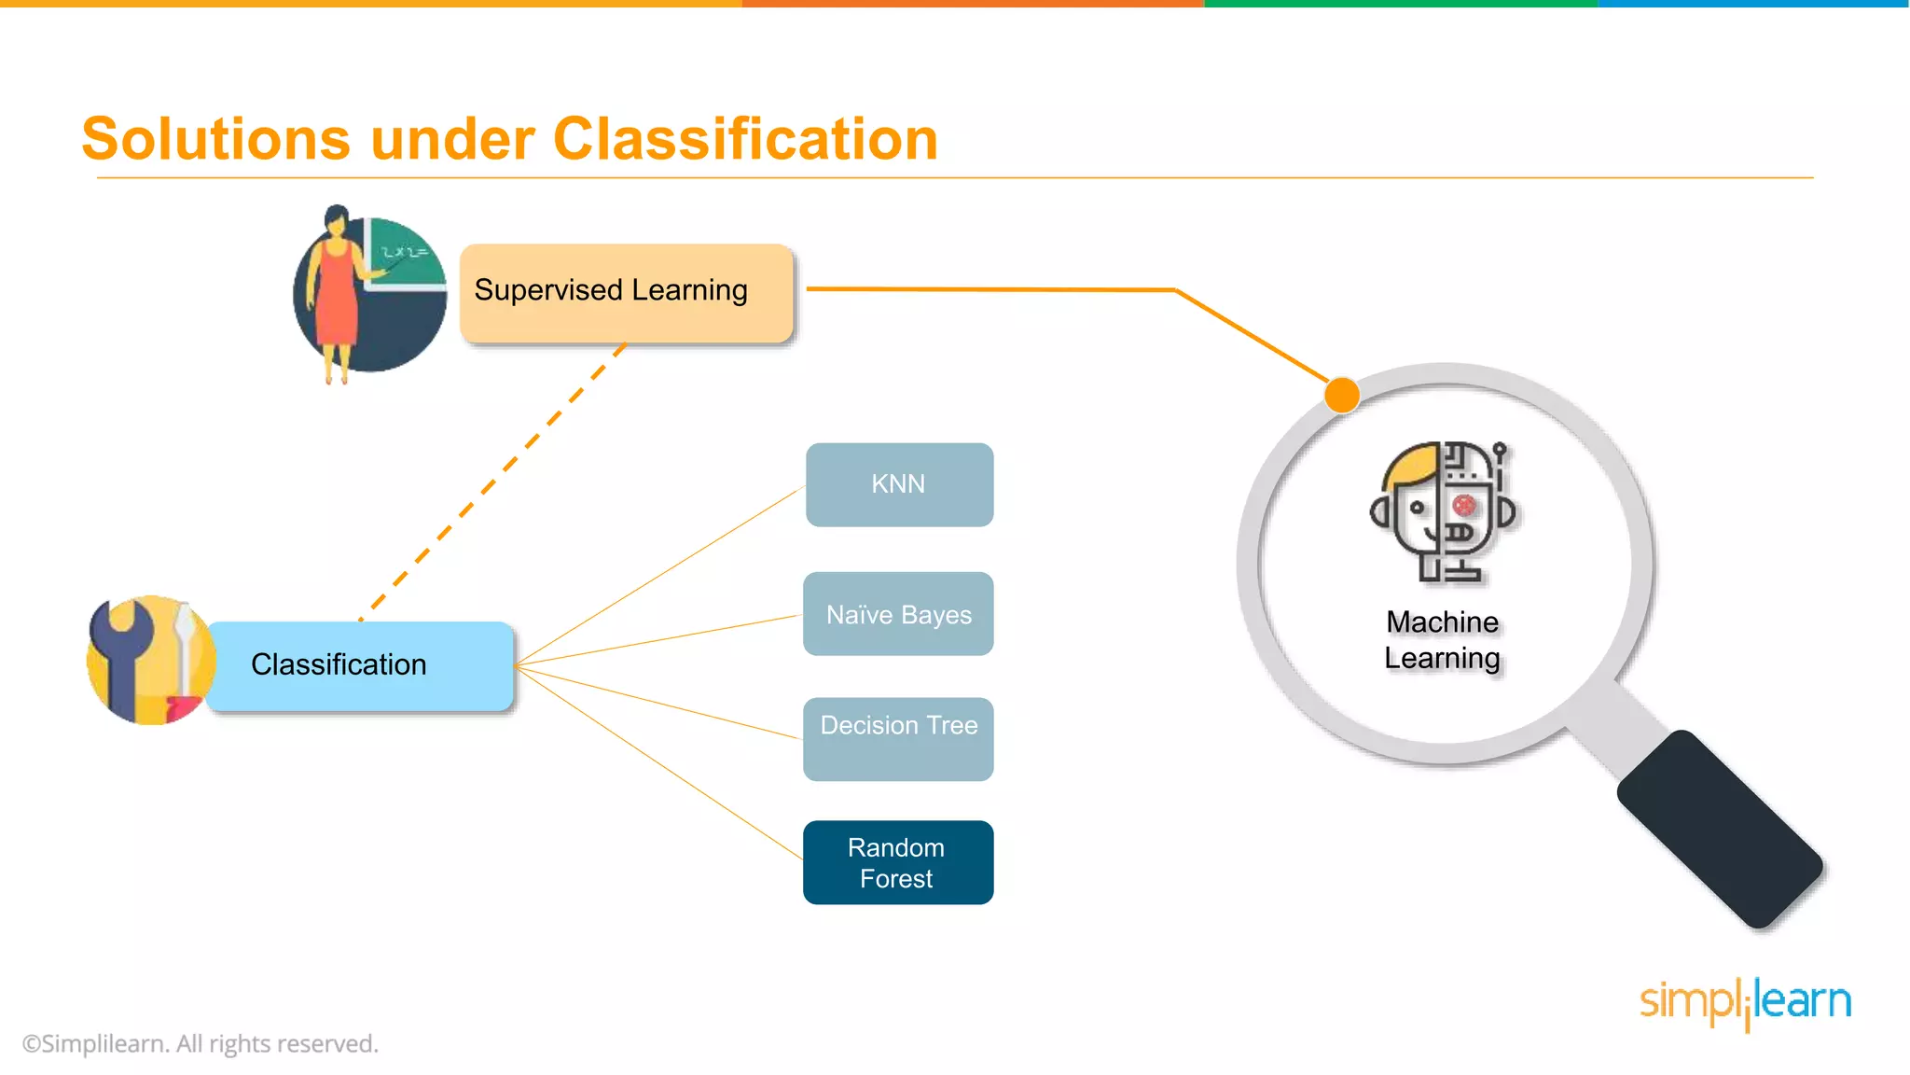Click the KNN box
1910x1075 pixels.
pyautogui.click(x=899, y=484)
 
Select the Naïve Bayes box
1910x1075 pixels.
pyautogui.click(x=898, y=614)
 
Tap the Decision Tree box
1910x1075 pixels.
pyautogui.click(x=898, y=738)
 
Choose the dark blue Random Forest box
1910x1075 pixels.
pyautogui.click(x=898, y=862)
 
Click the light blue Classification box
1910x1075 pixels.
pyautogui.click(x=359, y=665)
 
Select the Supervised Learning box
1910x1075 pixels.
pyautogui.click(x=626, y=292)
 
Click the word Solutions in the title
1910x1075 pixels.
pyautogui.click(x=215, y=140)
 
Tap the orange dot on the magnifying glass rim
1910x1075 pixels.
pyautogui.click(x=1341, y=395)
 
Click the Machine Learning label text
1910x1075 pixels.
pyautogui.click(x=1442, y=640)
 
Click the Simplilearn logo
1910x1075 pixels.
pyautogui.click(x=1745, y=1002)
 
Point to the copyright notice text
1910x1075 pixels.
pyautogui.click(x=201, y=1043)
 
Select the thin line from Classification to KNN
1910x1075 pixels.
pyautogui.click(x=658, y=576)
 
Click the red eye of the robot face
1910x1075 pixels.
pyautogui.click(x=1464, y=506)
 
